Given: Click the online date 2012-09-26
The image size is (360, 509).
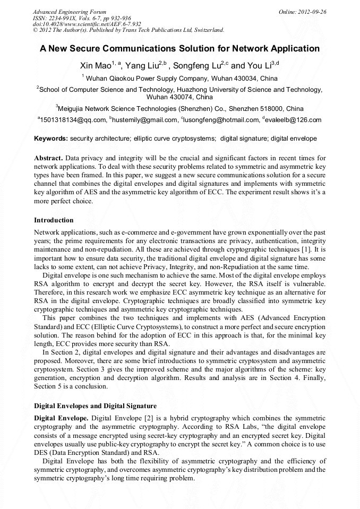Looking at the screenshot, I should coord(311,12).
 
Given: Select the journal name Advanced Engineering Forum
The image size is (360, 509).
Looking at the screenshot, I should coord(69,12).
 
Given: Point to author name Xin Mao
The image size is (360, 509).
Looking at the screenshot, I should coord(95,66).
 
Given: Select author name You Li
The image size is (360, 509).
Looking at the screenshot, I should coord(259,66).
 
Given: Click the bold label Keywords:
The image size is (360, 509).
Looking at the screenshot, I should coord(51,139).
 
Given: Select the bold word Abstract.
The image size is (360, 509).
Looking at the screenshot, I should coord(48,159).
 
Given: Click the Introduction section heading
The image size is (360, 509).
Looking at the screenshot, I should coord(54,220).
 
